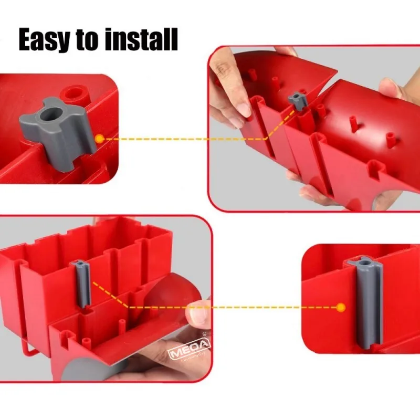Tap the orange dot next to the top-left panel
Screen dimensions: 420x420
coord(100,138)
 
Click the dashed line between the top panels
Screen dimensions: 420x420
coord(184,139)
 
